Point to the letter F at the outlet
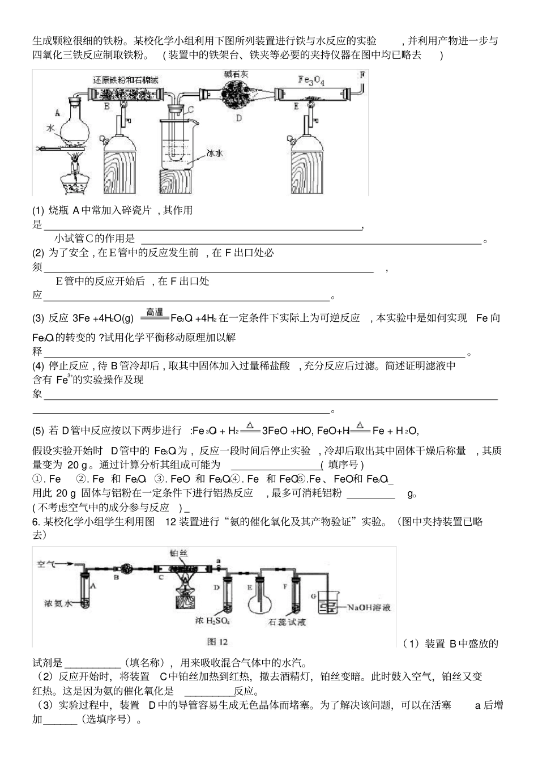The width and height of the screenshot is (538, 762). click(x=362, y=74)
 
